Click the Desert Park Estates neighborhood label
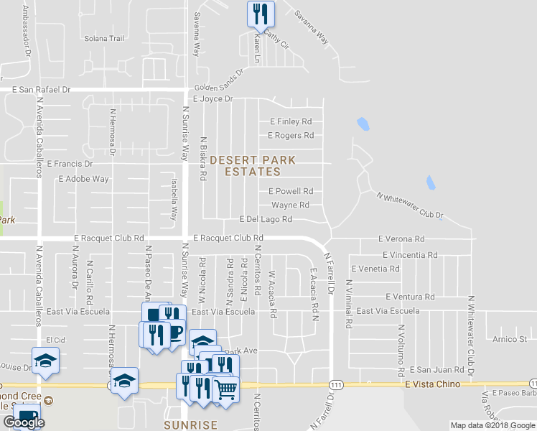click(246, 165)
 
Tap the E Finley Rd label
click(291, 121)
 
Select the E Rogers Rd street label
click(291, 135)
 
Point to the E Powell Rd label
click(291, 191)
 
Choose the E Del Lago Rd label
click(266, 219)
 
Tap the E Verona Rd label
click(401, 238)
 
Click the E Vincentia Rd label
click(410, 254)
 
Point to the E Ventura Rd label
click(410, 296)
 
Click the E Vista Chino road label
click(431, 384)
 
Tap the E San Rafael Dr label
click(42, 90)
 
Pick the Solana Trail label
click(105, 39)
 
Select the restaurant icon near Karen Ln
click(260, 12)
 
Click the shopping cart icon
click(225, 389)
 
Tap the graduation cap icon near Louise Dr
click(45, 358)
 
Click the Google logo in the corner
click(24, 422)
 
